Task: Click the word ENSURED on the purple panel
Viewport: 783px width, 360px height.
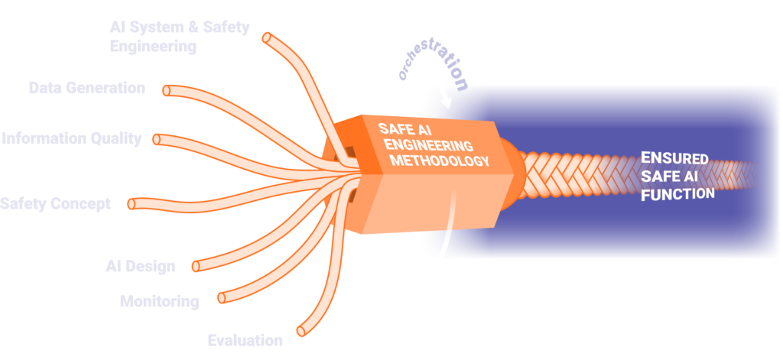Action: [x=674, y=159]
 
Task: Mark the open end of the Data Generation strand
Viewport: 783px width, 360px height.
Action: [x=167, y=90]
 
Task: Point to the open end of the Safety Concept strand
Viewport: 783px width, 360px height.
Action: [x=132, y=204]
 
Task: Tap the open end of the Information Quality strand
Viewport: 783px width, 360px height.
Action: [x=158, y=140]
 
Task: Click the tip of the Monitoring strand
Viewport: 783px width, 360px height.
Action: [x=222, y=297]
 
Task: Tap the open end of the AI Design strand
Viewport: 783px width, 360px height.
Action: [x=196, y=266]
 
